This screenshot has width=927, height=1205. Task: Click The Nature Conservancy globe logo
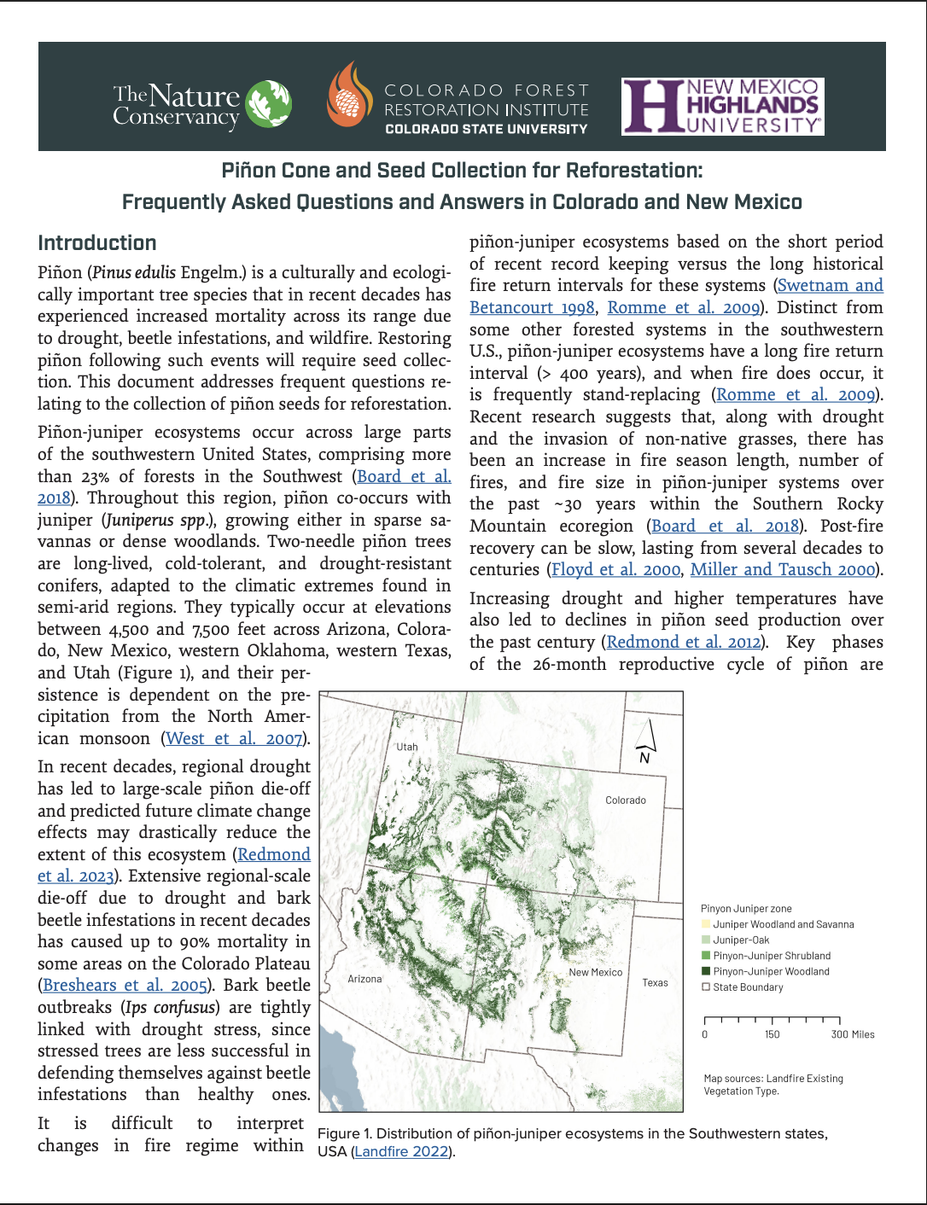268,104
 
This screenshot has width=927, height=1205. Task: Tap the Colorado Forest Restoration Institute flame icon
349,95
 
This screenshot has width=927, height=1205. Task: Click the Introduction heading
97,243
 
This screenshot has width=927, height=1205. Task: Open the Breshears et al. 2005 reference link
125,986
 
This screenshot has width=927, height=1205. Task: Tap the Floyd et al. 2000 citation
615,570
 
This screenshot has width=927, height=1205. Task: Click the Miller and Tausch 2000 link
783,570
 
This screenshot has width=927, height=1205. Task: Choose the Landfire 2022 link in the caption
401,1151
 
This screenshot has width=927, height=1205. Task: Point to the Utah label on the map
407,747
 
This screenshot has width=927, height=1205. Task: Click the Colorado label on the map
625,800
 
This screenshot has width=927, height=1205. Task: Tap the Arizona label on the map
364,979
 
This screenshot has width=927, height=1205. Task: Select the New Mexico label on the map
595,973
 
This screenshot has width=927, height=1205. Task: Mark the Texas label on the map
655,983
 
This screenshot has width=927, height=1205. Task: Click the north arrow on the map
645,740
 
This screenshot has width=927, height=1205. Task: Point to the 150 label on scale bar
772,1034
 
